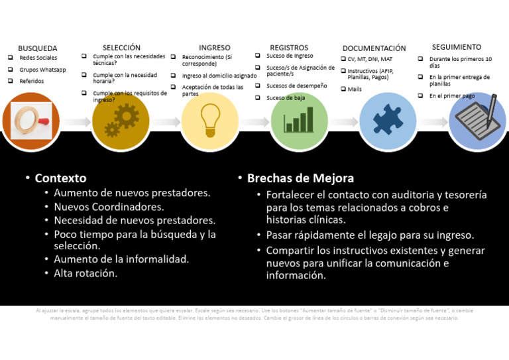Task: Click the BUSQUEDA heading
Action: click(x=37, y=48)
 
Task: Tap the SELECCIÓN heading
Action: click(x=121, y=48)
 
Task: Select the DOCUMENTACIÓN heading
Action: click(x=374, y=48)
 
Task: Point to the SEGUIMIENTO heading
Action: click(x=457, y=47)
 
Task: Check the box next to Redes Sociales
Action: click(x=11, y=58)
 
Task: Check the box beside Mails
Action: click(x=343, y=88)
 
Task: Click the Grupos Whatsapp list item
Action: click(x=42, y=70)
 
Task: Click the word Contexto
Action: click(x=60, y=178)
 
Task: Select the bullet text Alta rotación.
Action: click(x=85, y=272)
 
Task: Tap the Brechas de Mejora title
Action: click(x=300, y=178)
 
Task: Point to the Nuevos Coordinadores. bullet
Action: click(x=109, y=207)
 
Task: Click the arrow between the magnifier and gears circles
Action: click(x=76, y=123)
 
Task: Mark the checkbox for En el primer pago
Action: click(x=421, y=95)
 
